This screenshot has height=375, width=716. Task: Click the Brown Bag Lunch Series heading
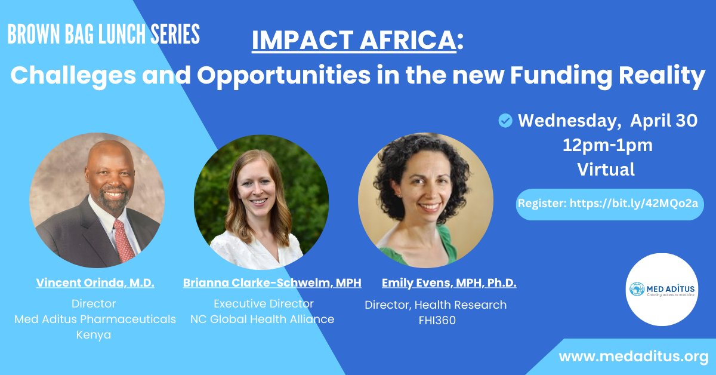(x=103, y=35)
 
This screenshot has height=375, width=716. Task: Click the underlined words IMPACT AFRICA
(x=354, y=41)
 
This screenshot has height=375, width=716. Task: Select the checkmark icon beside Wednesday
(x=505, y=121)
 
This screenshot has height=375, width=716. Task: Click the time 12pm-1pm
(x=607, y=145)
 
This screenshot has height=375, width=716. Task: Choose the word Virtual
(x=606, y=170)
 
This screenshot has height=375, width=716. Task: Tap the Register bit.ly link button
(x=610, y=203)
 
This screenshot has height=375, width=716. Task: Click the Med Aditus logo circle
(x=662, y=290)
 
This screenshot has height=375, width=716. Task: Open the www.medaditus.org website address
(x=633, y=356)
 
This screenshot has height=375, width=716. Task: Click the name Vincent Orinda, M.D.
(x=95, y=283)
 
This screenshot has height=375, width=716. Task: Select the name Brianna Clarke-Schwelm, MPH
(x=272, y=283)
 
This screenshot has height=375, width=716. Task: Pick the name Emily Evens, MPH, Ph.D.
(x=449, y=283)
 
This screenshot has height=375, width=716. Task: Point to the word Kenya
(x=94, y=335)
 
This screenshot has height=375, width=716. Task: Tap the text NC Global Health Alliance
(x=262, y=319)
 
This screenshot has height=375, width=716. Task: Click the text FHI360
(x=437, y=321)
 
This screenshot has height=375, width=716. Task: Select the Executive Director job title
(x=263, y=303)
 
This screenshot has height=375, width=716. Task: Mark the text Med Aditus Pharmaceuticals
(x=95, y=319)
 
